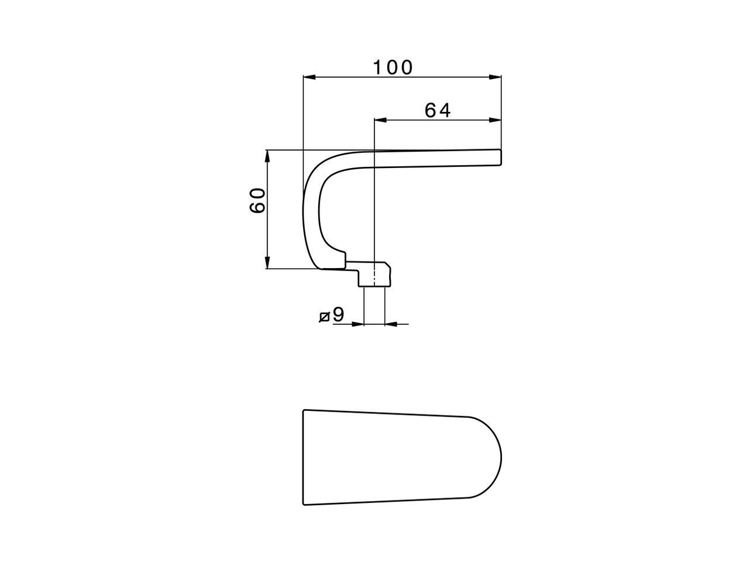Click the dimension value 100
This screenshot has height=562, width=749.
[x=393, y=68]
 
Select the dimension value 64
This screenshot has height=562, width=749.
[x=438, y=110]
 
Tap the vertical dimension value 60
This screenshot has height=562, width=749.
[x=258, y=201]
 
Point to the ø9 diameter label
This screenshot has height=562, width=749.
[x=332, y=316]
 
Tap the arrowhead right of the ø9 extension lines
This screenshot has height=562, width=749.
[x=391, y=323]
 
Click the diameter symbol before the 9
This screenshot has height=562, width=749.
[x=324, y=317]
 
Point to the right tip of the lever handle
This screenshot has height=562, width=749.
[x=501, y=157]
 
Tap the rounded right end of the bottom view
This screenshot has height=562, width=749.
[x=500, y=457]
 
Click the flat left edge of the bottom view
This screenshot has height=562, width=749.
[x=303, y=457]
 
